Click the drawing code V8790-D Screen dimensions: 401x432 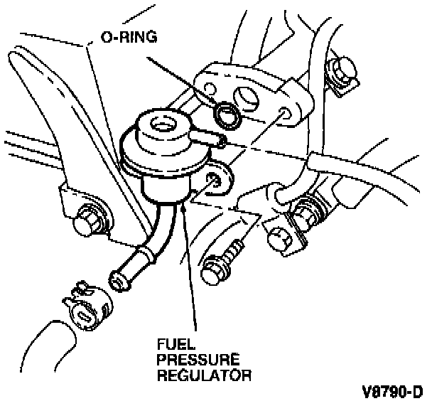pos(391,390)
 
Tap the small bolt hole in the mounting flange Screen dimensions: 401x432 pos(284,114)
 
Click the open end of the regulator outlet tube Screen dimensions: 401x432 pos(118,281)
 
